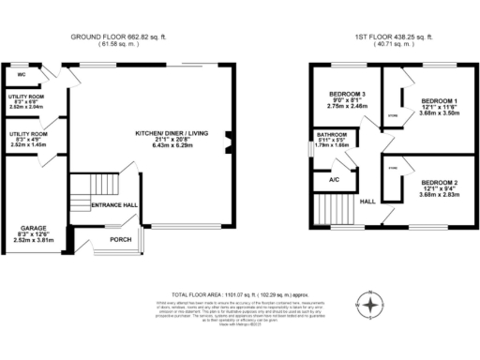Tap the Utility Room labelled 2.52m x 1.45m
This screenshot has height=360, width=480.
pyautogui.click(x=26, y=140)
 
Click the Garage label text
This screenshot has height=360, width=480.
pyautogui.click(x=27, y=228)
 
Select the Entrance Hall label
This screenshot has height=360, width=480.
pyautogui.click(x=114, y=205)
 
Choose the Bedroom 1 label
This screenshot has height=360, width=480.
pyautogui.click(x=438, y=100)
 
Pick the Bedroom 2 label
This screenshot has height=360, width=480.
pyautogui.click(x=438, y=181)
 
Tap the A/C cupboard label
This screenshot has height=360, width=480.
pyautogui.click(x=334, y=178)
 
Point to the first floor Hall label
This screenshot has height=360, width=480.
pyautogui.click(x=367, y=201)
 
